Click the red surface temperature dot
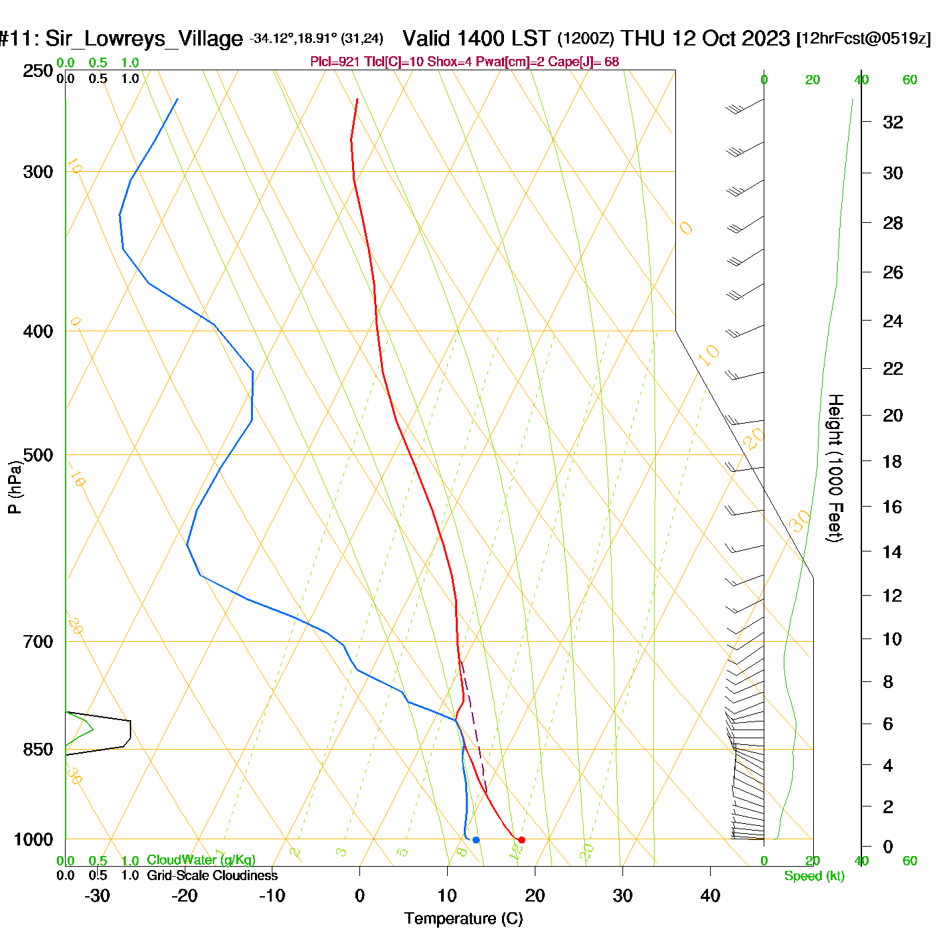pos(521,840)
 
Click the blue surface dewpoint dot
pos(476,840)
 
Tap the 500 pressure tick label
pos(38,455)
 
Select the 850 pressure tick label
pos(38,750)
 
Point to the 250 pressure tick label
pos(38,71)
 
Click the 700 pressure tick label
pos(38,642)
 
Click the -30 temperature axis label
pos(97,896)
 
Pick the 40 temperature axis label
pos(710,896)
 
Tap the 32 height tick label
pos(893,122)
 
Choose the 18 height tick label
pos(892,461)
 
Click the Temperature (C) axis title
pos(463,919)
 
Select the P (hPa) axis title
pos(15,487)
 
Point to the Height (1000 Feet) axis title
pos(835,468)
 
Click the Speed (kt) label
pos(815,876)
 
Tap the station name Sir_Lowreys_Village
pos(144,39)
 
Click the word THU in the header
pos(643,38)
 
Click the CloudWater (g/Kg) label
pos(201,860)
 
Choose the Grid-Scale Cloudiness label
pos(212,875)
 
